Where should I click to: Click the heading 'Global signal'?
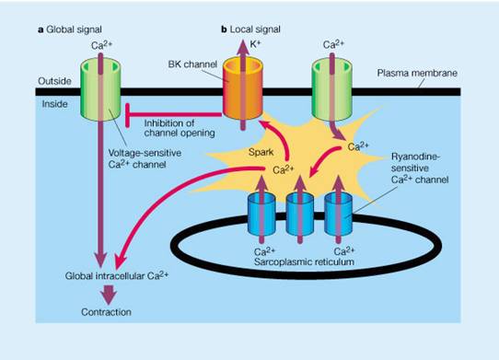[x=74, y=29]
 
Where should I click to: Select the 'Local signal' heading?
[x=255, y=29]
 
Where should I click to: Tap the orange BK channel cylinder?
[x=243, y=88]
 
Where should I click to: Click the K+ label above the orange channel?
[x=255, y=43]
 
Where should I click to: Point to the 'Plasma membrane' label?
[x=417, y=73]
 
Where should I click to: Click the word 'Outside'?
[x=54, y=81]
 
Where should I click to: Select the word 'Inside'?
[x=54, y=104]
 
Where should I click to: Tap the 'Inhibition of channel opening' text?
[x=180, y=128]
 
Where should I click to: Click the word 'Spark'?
[x=261, y=152]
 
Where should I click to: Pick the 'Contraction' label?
[x=106, y=312]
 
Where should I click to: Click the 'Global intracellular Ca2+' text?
[x=117, y=275]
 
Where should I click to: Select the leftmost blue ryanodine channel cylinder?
[x=261, y=214]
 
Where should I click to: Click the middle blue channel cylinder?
[x=300, y=214]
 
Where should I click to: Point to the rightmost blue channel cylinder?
[x=338, y=214]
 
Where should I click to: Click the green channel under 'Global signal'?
[x=100, y=89]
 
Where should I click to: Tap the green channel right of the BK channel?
[x=332, y=89]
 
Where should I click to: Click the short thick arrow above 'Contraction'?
[x=109, y=295]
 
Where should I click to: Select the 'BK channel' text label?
[x=192, y=64]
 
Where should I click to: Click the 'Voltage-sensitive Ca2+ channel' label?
[x=145, y=158]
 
